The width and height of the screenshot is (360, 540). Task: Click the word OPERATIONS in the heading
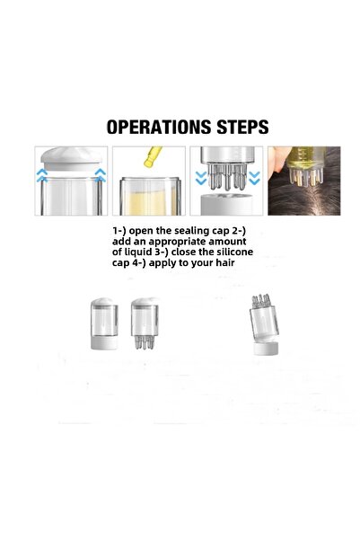point(159,127)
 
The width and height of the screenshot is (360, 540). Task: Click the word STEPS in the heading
point(242,127)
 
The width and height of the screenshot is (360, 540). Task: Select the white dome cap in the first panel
point(72,159)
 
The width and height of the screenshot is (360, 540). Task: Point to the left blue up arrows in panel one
point(42,175)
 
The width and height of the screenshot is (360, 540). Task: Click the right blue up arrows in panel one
point(101,175)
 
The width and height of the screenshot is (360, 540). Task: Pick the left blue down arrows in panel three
point(201,178)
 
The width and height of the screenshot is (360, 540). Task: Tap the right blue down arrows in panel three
point(254,178)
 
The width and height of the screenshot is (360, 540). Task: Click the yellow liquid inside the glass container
point(151,203)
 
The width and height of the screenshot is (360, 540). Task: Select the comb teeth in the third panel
point(227,176)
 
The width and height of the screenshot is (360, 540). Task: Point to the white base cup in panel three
point(226,205)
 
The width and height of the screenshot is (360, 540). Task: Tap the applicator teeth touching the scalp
point(306,176)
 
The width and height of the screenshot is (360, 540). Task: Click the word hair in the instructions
point(225,262)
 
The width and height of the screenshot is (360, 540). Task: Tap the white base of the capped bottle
point(104,342)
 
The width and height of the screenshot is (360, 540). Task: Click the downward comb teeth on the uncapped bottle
point(145,342)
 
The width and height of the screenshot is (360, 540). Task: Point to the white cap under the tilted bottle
point(266,349)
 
